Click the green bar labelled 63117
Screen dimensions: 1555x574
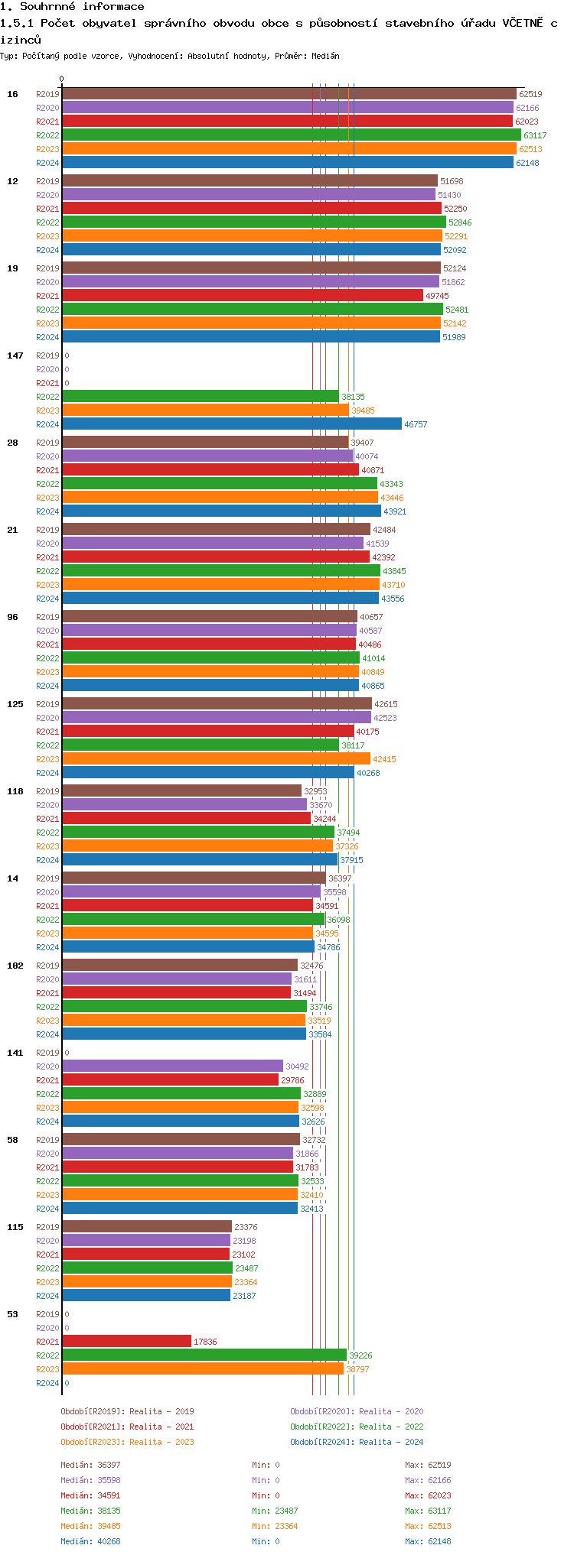coord(291,135)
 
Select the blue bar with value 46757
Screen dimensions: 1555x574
coord(231,424)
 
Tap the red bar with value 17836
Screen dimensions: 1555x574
coord(126,1342)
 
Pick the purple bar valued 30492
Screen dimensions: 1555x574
coord(172,1066)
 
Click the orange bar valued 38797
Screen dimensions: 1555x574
coord(203,1369)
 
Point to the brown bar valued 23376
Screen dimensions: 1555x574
coord(146,1227)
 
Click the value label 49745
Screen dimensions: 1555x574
coord(437,296)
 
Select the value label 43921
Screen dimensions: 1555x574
coord(395,511)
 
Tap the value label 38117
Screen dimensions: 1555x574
coord(353,745)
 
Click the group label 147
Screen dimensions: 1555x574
coord(15,355)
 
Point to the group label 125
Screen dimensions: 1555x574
coord(15,704)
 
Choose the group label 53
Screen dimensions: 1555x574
coord(12,1314)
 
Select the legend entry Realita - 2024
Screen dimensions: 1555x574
coord(357,1442)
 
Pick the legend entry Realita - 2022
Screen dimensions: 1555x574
coord(357,1427)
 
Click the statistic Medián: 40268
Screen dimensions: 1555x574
coord(90,1541)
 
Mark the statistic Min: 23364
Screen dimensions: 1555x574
coord(275,1526)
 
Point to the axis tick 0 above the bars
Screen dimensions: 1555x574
coord(62,80)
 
